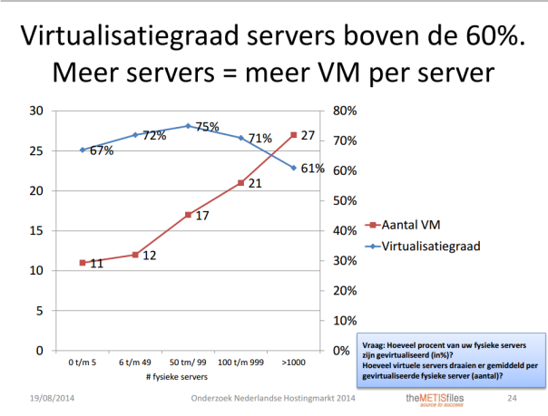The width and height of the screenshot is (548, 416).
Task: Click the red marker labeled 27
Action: click(x=293, y=135)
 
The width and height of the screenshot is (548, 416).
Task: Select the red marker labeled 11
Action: click(x=83, y=263)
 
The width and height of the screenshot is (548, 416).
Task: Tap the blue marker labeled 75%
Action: click(x=188, y=126)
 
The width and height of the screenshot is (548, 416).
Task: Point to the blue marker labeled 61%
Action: click(x=293, y=168)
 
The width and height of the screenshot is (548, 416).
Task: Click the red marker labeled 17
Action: click(x=188, y=215)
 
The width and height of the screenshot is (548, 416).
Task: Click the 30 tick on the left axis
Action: click(x=37, y=111)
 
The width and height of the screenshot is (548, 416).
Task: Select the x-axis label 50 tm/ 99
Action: click(x=188, y=363)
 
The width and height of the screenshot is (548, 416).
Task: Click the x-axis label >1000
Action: click(x=293, y=363)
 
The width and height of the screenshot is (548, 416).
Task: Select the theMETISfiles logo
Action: click(x=434, y=400)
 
